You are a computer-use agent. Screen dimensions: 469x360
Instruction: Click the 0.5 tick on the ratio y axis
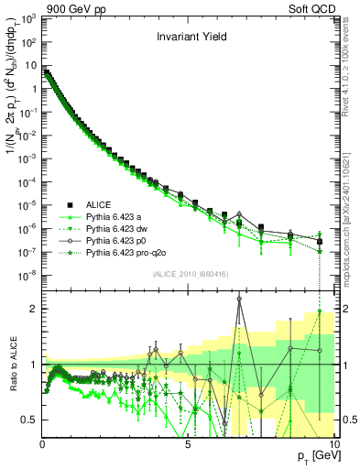coord(29,420)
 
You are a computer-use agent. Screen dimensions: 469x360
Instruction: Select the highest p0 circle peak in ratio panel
coord(239,298)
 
